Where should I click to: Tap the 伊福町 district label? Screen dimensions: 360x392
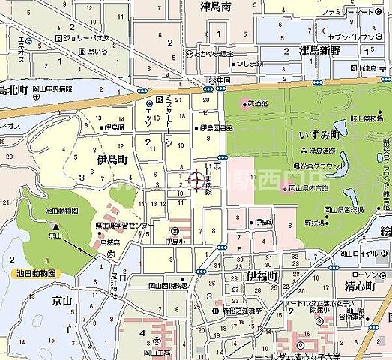pyautogui.click(x=262, y=277)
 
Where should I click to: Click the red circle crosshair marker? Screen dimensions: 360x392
pyautogui.click(x=196, y=181)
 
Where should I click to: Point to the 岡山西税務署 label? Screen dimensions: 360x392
pyautogui.click(x=166, y=286)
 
